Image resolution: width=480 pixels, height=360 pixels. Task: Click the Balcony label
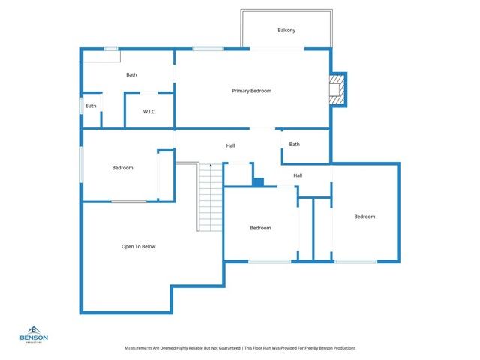point(286,31)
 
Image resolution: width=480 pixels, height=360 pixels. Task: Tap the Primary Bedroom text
point(251,91)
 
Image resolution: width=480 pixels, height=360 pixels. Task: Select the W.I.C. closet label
point(149,112)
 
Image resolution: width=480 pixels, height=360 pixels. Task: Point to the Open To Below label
point(139,246)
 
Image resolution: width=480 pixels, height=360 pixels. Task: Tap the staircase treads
point(211,199)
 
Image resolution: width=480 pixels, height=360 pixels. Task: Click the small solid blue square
point(258,181)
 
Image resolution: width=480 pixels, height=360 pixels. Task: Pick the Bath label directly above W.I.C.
point(131,74)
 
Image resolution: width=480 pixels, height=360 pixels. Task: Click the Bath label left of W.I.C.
point(91,106)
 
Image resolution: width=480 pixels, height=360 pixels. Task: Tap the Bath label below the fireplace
point(295,144)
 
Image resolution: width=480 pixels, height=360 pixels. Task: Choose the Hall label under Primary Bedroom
point(231,145)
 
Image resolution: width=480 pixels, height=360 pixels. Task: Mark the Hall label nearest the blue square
point(298,175)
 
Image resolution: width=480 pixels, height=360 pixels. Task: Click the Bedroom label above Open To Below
point(122,168)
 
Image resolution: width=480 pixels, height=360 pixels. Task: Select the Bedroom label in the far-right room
point(364,217)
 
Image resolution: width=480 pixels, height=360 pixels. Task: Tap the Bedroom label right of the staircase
point(260,228)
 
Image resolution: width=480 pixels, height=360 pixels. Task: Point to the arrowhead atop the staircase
point(211,165)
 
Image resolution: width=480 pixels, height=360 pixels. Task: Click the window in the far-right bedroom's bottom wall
point(355,261)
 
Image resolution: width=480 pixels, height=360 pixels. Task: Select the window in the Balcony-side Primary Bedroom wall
point(277,49)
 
